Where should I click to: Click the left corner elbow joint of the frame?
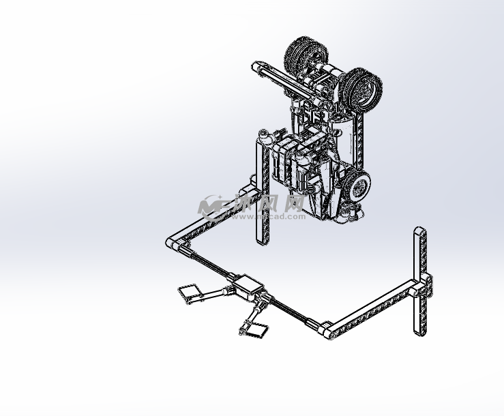(175, 243)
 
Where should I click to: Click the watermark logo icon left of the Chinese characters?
(213, 205)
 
